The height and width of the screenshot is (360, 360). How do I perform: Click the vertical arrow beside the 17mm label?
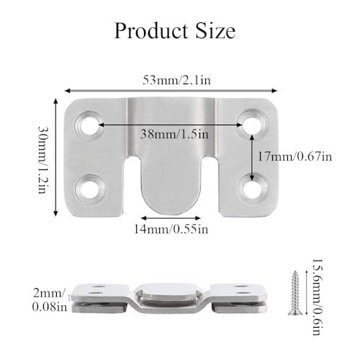pos(251,156)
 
